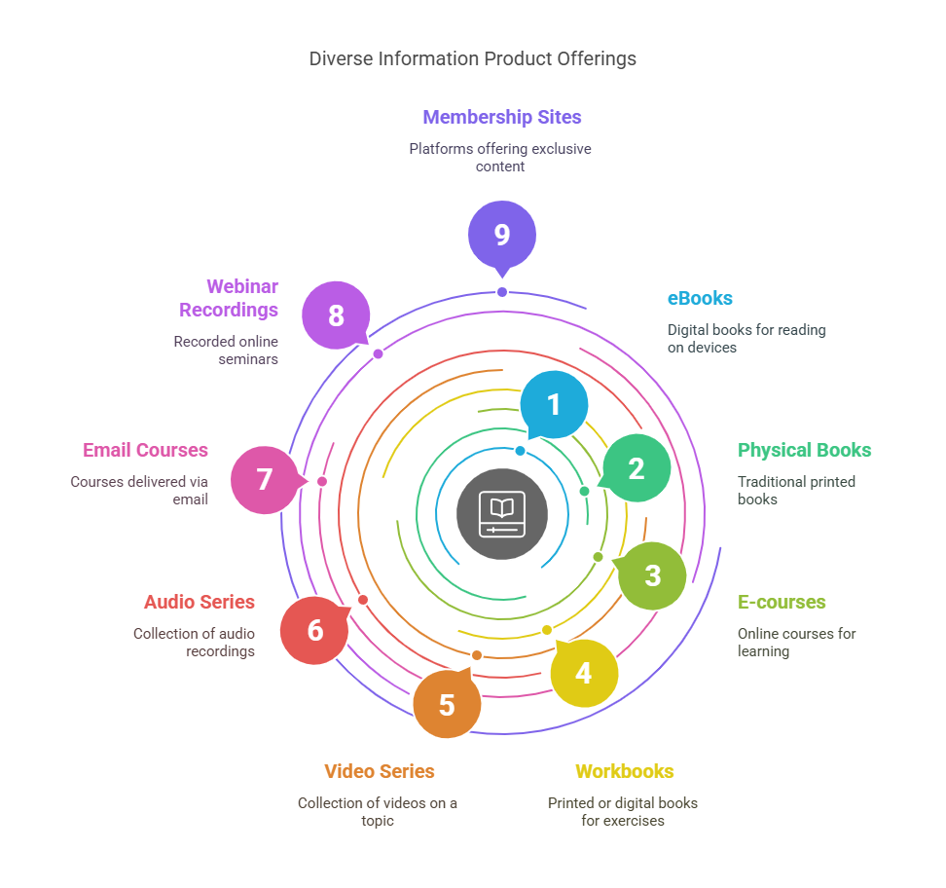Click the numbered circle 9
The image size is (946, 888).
point(501,235)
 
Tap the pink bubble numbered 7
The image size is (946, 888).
point(265,480)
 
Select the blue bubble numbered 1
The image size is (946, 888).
point(554,404)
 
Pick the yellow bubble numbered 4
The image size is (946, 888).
point(584,672)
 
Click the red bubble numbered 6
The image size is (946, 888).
point(314,630)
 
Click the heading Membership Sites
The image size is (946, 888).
point(501,117)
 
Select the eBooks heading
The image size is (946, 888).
point(700,298)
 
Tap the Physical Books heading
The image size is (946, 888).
point(804,450)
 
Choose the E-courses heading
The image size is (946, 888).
point(782,602)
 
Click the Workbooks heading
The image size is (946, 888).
point(624,771)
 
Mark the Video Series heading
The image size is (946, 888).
point(380,771)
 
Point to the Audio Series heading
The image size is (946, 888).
point(200,602)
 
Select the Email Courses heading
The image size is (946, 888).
point(145,450)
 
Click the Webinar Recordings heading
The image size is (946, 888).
point(241,298)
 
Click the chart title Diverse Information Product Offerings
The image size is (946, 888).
point(473,58)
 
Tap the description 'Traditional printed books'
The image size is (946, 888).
point(796,490)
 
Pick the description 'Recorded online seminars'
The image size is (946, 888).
point(226,350)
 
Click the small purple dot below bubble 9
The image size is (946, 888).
point(502,292)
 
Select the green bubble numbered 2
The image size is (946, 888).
point(637,468)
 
